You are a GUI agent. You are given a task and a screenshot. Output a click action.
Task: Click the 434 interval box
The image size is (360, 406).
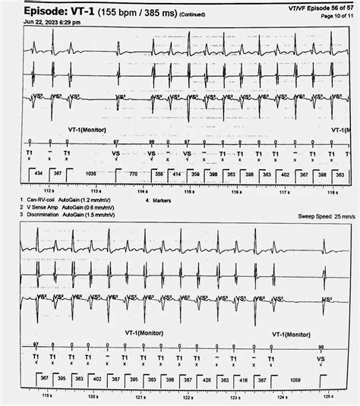[33, 175]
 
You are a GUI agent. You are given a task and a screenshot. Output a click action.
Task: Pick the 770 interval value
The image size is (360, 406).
[133, 175]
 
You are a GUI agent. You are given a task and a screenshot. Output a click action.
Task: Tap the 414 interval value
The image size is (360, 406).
[176, 175]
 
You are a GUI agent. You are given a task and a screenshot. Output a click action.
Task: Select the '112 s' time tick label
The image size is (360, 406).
[49, 190]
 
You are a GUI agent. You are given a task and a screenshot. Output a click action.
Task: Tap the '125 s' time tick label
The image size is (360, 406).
[327, 395]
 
